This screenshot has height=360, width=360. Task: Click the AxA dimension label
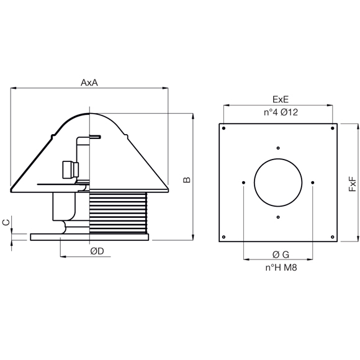89,83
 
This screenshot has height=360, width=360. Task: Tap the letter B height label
187,180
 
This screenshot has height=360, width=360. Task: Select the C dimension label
6,222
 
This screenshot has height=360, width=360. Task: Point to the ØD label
97,251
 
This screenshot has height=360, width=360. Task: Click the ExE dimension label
281,99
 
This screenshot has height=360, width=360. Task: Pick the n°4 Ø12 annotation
281,112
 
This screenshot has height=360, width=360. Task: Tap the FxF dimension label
352,184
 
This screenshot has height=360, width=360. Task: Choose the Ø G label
281,254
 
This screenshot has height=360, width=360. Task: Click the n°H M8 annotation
281,268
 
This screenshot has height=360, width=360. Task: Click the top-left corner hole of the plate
224,128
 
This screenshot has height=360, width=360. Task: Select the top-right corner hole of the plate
333,128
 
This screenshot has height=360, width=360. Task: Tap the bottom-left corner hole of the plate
224,237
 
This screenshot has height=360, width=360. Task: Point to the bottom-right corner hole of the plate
333,237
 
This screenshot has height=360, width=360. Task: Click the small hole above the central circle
278,148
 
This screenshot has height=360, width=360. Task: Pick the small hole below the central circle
278,217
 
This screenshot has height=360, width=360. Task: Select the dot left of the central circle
243,182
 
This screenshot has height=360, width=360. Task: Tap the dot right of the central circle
312,182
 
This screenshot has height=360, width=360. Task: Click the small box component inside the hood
71,170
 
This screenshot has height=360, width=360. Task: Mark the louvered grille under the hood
118,213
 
